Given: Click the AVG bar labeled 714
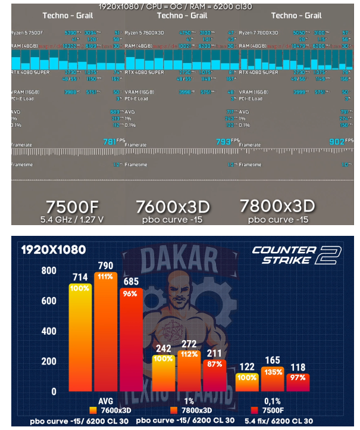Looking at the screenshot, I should (84, 339).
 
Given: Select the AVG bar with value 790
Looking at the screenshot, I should (105, 334).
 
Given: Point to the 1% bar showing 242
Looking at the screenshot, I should (164, 374).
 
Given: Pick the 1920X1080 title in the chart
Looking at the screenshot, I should (53, 250).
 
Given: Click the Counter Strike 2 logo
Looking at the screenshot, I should (296, 255).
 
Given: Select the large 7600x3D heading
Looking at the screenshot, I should (173, 207).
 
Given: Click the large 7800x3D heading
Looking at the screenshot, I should (277, 206).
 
